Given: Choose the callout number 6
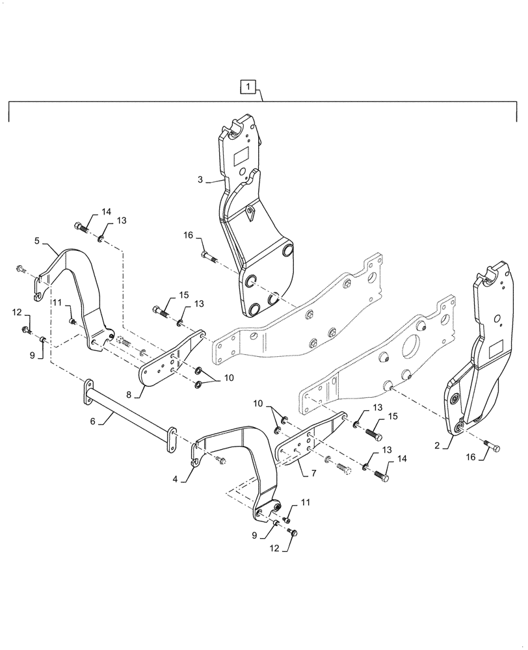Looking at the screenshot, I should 93,421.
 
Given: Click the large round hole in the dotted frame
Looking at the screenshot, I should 414,342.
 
